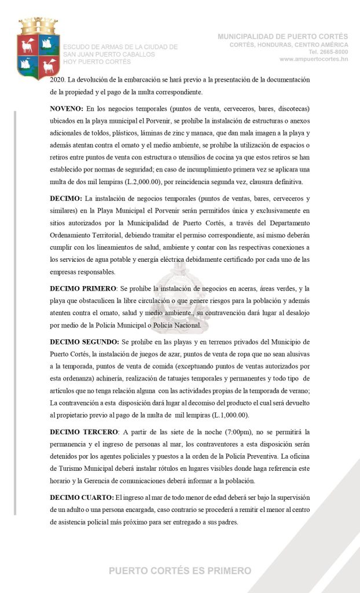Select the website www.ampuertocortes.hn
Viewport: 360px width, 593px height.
(x=313, y=59)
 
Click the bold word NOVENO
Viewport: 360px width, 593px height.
(x=66, y=109)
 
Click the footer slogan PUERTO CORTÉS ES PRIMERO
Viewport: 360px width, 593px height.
(x=180, y=571)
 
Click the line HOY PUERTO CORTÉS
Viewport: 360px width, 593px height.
(x=97, y=61)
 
